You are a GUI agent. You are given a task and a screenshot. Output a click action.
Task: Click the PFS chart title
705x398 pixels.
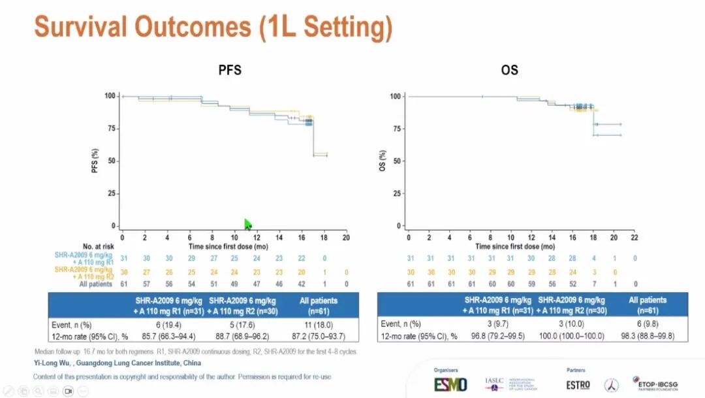click(x=230, y=70)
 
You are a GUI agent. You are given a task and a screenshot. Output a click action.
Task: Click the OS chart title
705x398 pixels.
click(x=509, y=70)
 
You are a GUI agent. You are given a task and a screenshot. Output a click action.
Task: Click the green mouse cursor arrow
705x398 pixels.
click(x=248, y=225)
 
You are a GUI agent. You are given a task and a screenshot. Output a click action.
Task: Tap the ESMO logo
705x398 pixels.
click(x=451, y=384)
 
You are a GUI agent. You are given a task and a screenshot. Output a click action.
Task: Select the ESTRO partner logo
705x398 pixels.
click(x=578, y=384)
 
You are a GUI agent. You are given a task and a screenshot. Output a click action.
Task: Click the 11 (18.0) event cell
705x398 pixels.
click(x=319, y=323)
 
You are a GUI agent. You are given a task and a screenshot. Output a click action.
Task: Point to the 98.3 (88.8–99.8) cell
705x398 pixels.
click(x=648, y=336)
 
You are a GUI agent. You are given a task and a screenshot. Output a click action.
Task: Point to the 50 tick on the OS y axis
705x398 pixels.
click(x=396, y=161)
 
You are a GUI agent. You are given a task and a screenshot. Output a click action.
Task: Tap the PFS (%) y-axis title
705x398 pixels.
click(x=95, y=160)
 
